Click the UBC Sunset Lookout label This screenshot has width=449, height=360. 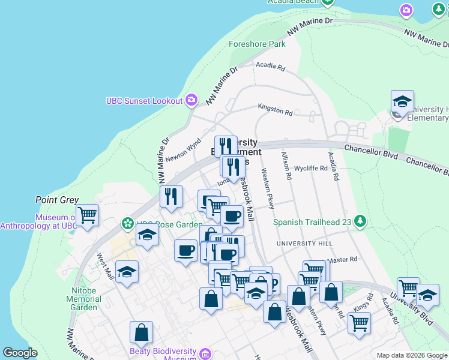(x=144, y=101)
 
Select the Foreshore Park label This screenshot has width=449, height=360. (x=257, y=44)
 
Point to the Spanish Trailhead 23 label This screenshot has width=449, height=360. (x=312, y=221)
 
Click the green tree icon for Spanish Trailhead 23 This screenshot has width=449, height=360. (x=360, y=221)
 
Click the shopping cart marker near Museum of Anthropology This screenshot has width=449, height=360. (x=87, y=214)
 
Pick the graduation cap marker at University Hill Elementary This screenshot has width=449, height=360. (x=402, y=101)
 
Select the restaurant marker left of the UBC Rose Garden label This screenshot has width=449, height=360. (x=171, y=196)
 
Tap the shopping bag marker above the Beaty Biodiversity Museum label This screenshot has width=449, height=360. (x=141, y=331)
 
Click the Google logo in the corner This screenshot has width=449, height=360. (x=20, y=353)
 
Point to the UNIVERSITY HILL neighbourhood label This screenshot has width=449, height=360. (x=304, y=243)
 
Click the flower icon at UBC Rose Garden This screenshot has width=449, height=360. (x=127, y=224)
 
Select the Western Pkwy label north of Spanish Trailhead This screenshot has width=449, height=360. (x=268, y=189)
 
